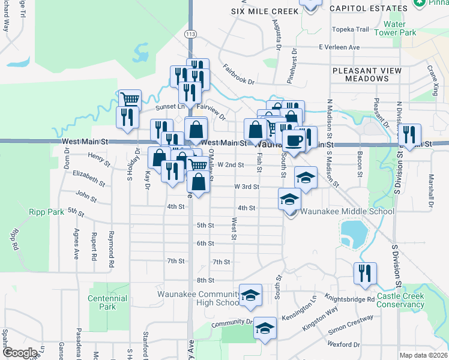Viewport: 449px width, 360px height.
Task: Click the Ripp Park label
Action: [46, 212]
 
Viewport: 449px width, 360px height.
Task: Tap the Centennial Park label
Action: [107, 302]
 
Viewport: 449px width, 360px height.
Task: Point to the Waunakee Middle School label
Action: [347, 211]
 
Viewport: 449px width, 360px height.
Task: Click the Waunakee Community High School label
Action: [198, 298]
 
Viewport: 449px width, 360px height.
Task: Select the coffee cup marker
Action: [293, 140]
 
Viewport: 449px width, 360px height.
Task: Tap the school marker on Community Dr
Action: [265, 328]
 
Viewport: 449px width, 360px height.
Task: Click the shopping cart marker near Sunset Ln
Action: [130, 99]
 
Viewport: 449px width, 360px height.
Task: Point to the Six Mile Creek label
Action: [265, 11]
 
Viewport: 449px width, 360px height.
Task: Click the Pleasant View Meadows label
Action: [367, 74]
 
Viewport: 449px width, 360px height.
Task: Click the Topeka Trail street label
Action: [351, 29]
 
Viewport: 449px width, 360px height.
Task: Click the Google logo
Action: [19, 353]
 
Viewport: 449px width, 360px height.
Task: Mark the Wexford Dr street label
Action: [343, 344]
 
